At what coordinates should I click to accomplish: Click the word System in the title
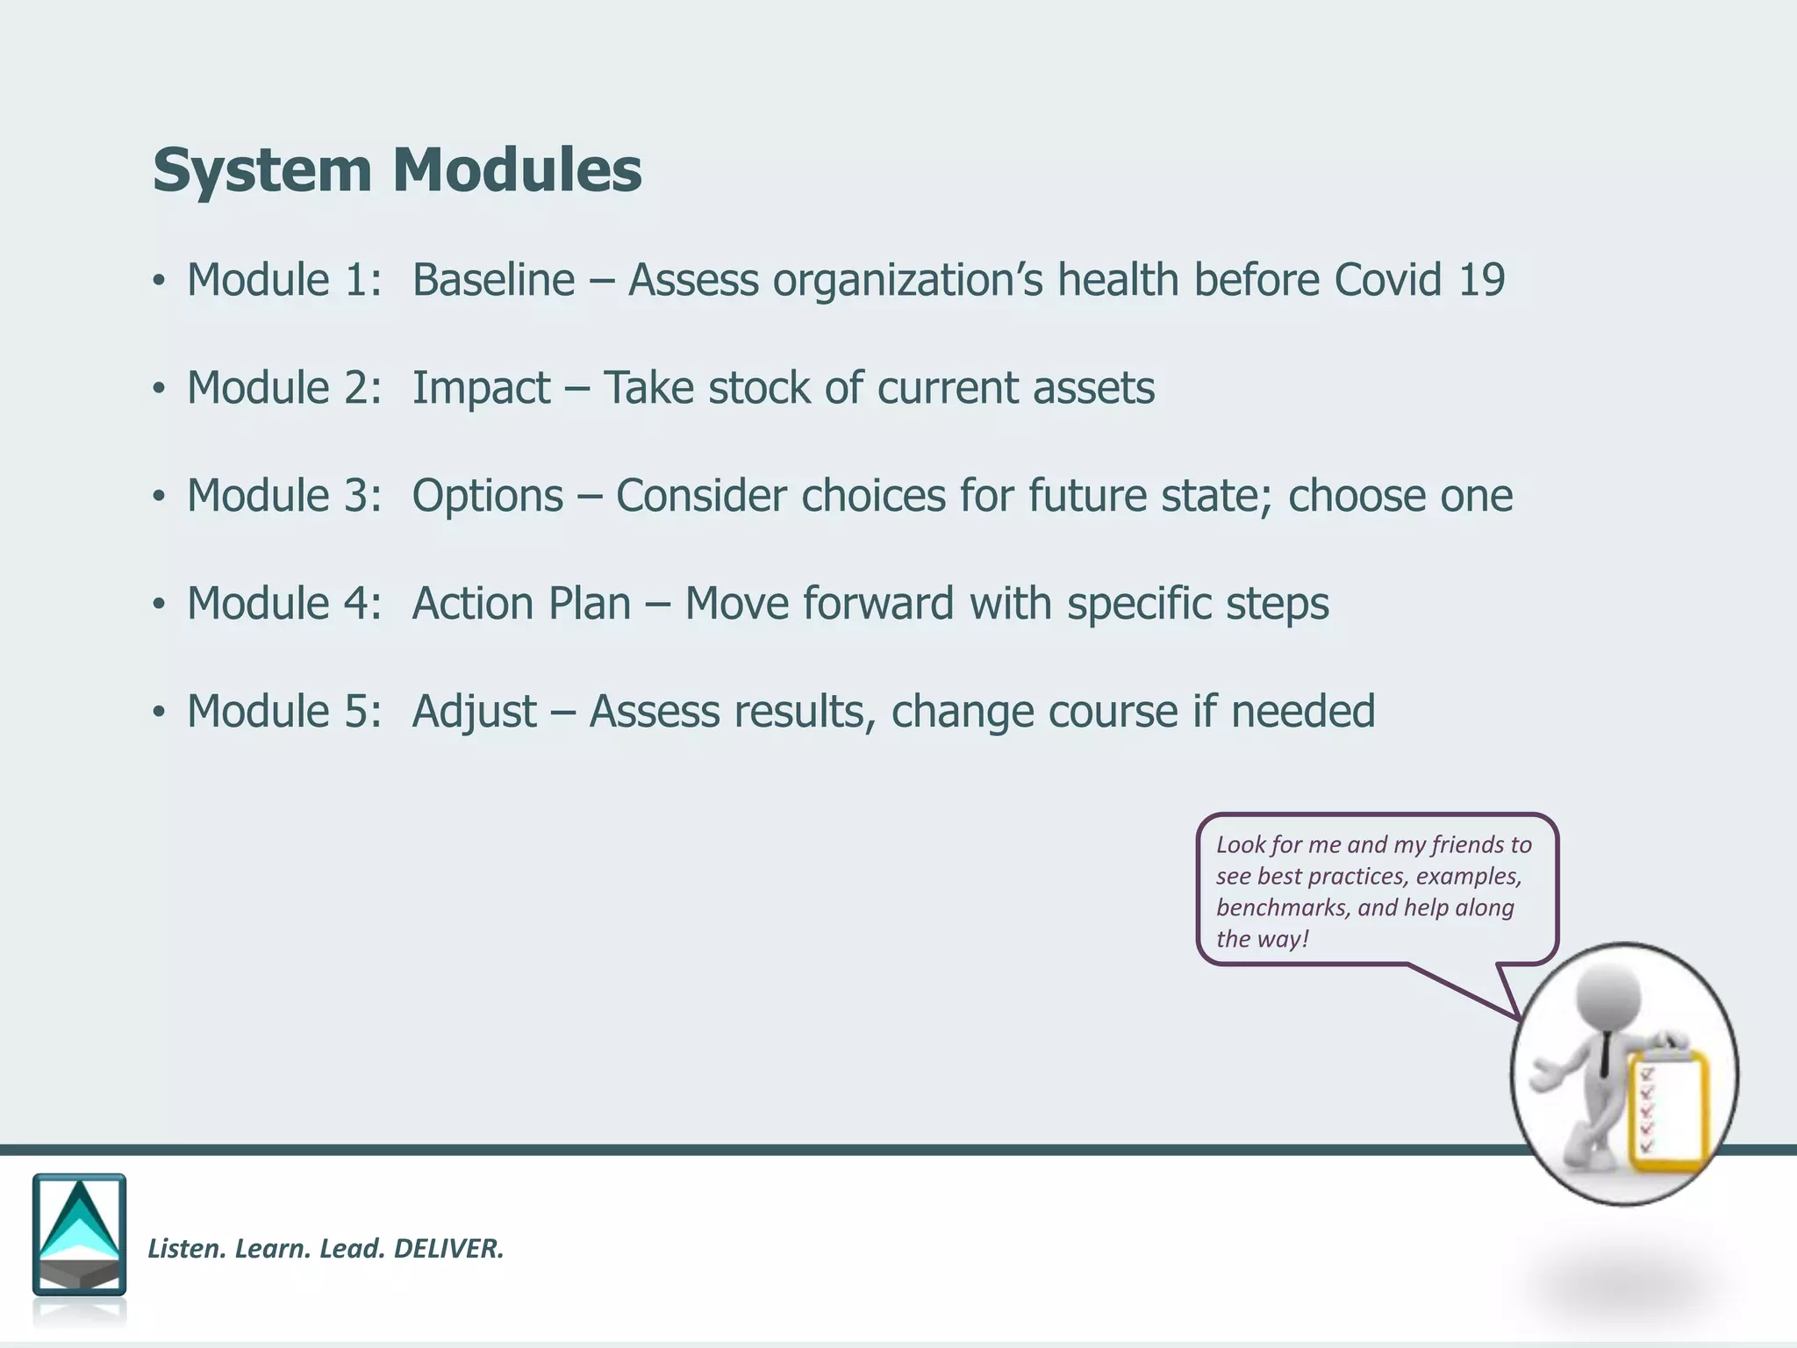click(262, 170)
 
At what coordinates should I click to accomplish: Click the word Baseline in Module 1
click(493, 281)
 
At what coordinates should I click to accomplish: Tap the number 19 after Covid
click(1481, 281)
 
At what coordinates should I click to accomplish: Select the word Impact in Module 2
click(481, 389)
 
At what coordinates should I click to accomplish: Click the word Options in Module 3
click(488, 497)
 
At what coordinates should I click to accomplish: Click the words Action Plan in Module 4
click(521, 605)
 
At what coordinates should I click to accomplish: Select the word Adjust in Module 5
click(474, 713)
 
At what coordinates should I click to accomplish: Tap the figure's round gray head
click(1608, 996)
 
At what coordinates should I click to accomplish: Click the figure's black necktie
click(1604, 1053)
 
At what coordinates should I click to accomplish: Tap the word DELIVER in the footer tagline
click(448, 1249)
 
